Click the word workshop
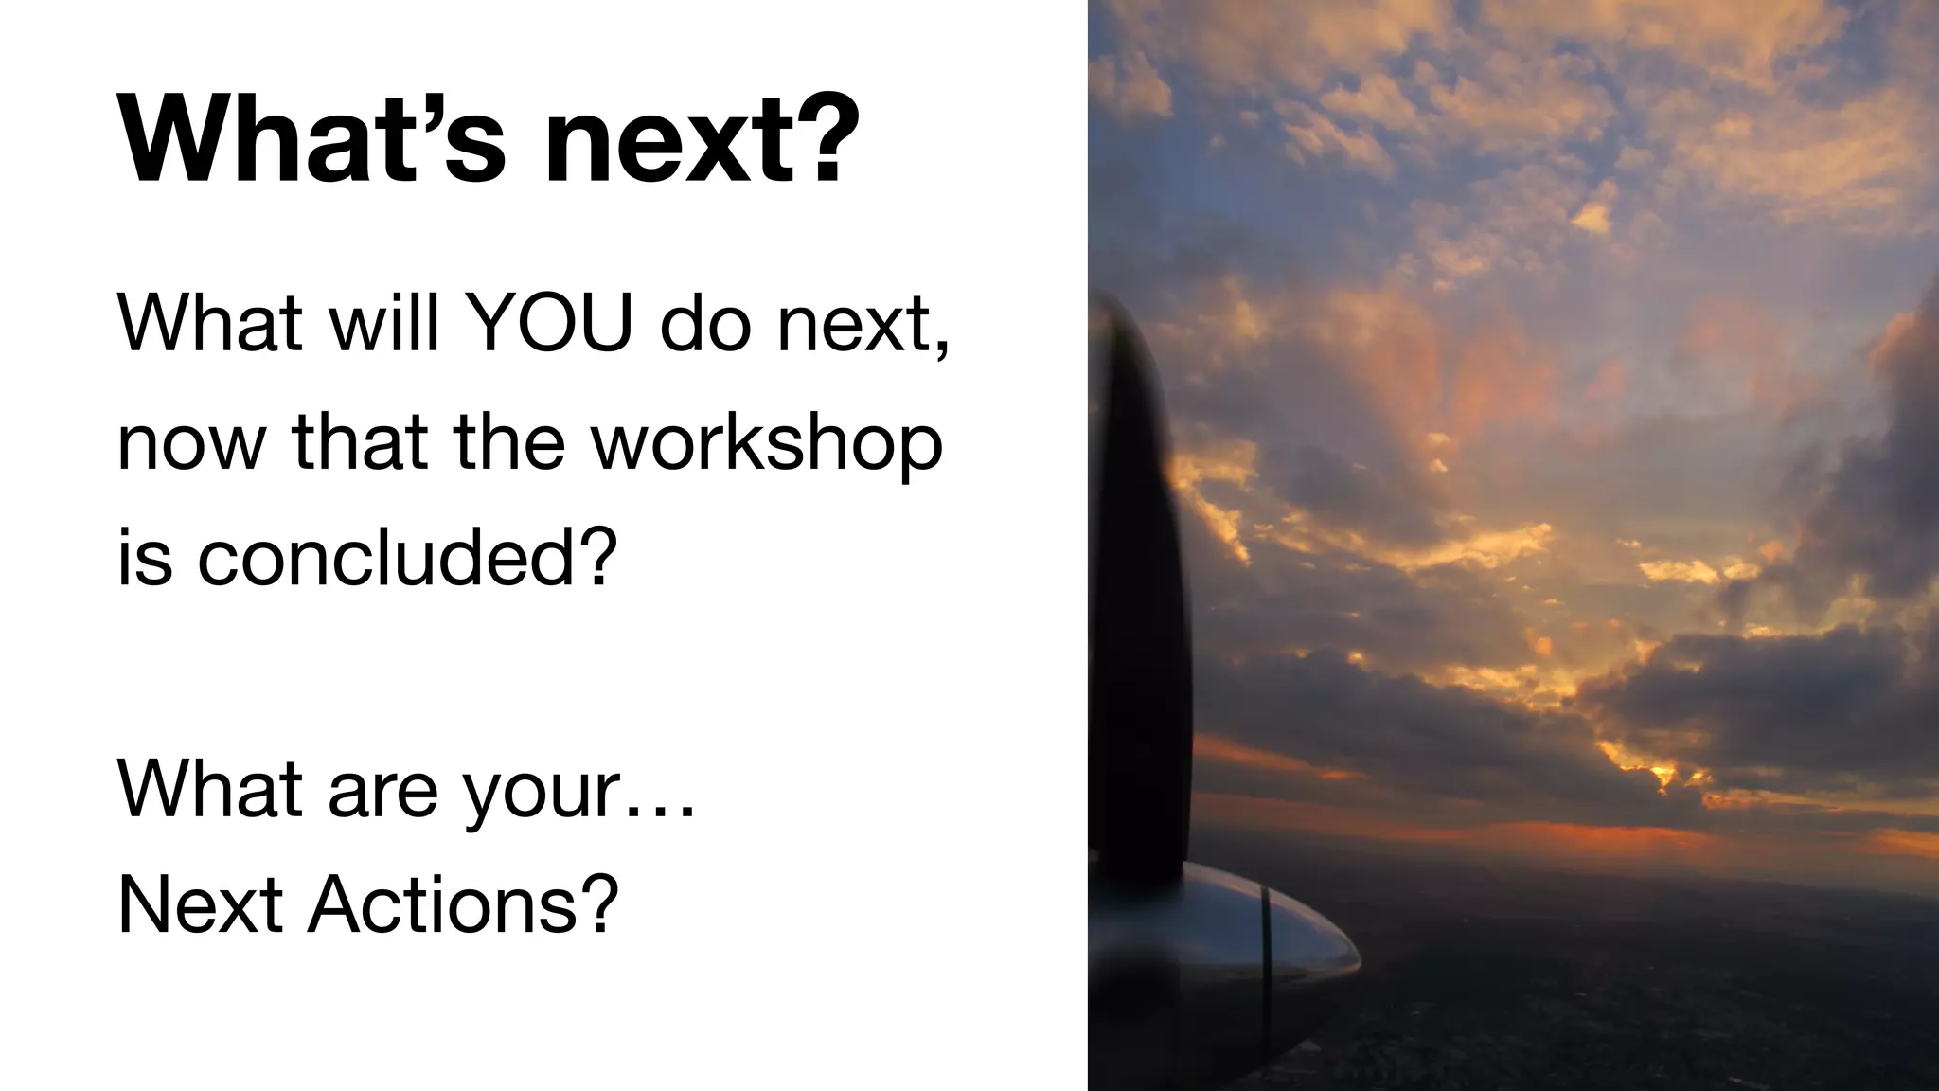tap(767, 443)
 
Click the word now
tap(190, 443)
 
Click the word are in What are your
tap(382, 791)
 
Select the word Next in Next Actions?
tap(200, 904)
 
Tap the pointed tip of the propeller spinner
tap(1358, 957)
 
